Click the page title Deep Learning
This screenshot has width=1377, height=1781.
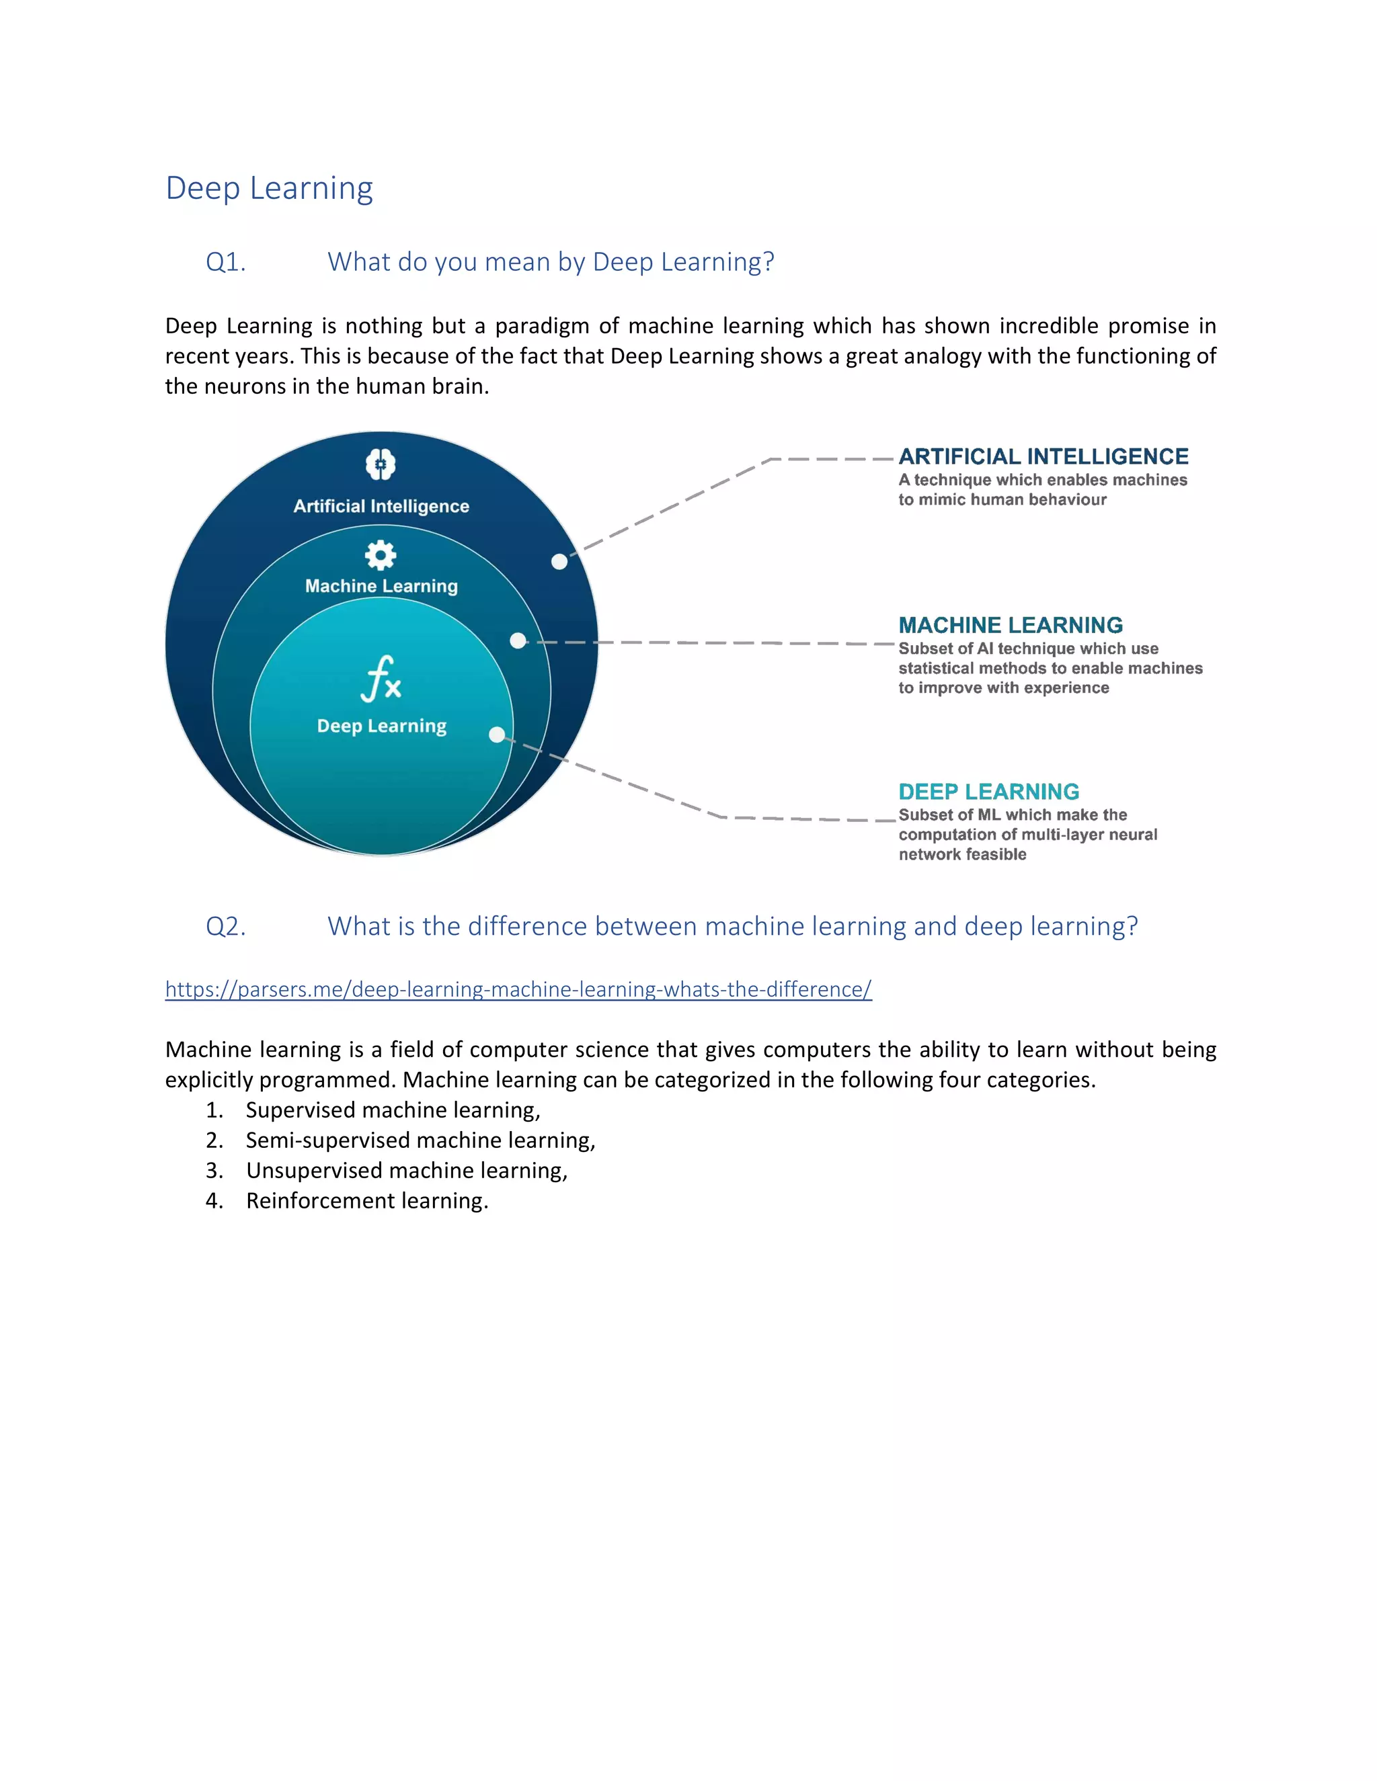point(269,188)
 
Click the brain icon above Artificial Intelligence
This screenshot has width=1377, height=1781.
point(380,464)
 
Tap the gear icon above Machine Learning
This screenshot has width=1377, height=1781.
point(380,555)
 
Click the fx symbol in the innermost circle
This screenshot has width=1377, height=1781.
point(381,679)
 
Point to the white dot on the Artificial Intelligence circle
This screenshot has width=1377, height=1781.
point(559,562)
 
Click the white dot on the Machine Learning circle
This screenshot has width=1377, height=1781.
point(518,641)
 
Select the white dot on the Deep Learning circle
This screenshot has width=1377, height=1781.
point(497,735)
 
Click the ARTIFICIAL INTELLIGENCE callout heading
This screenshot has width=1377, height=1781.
point(1044,456)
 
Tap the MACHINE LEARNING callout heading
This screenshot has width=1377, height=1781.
point(1011,626)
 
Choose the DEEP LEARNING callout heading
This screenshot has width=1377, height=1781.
point(988,792)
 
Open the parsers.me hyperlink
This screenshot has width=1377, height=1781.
point(518,989)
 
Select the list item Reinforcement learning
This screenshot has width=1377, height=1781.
point(367,1200)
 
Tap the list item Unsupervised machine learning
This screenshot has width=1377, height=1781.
point(406,1170)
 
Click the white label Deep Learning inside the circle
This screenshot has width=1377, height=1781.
point(382,726)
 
